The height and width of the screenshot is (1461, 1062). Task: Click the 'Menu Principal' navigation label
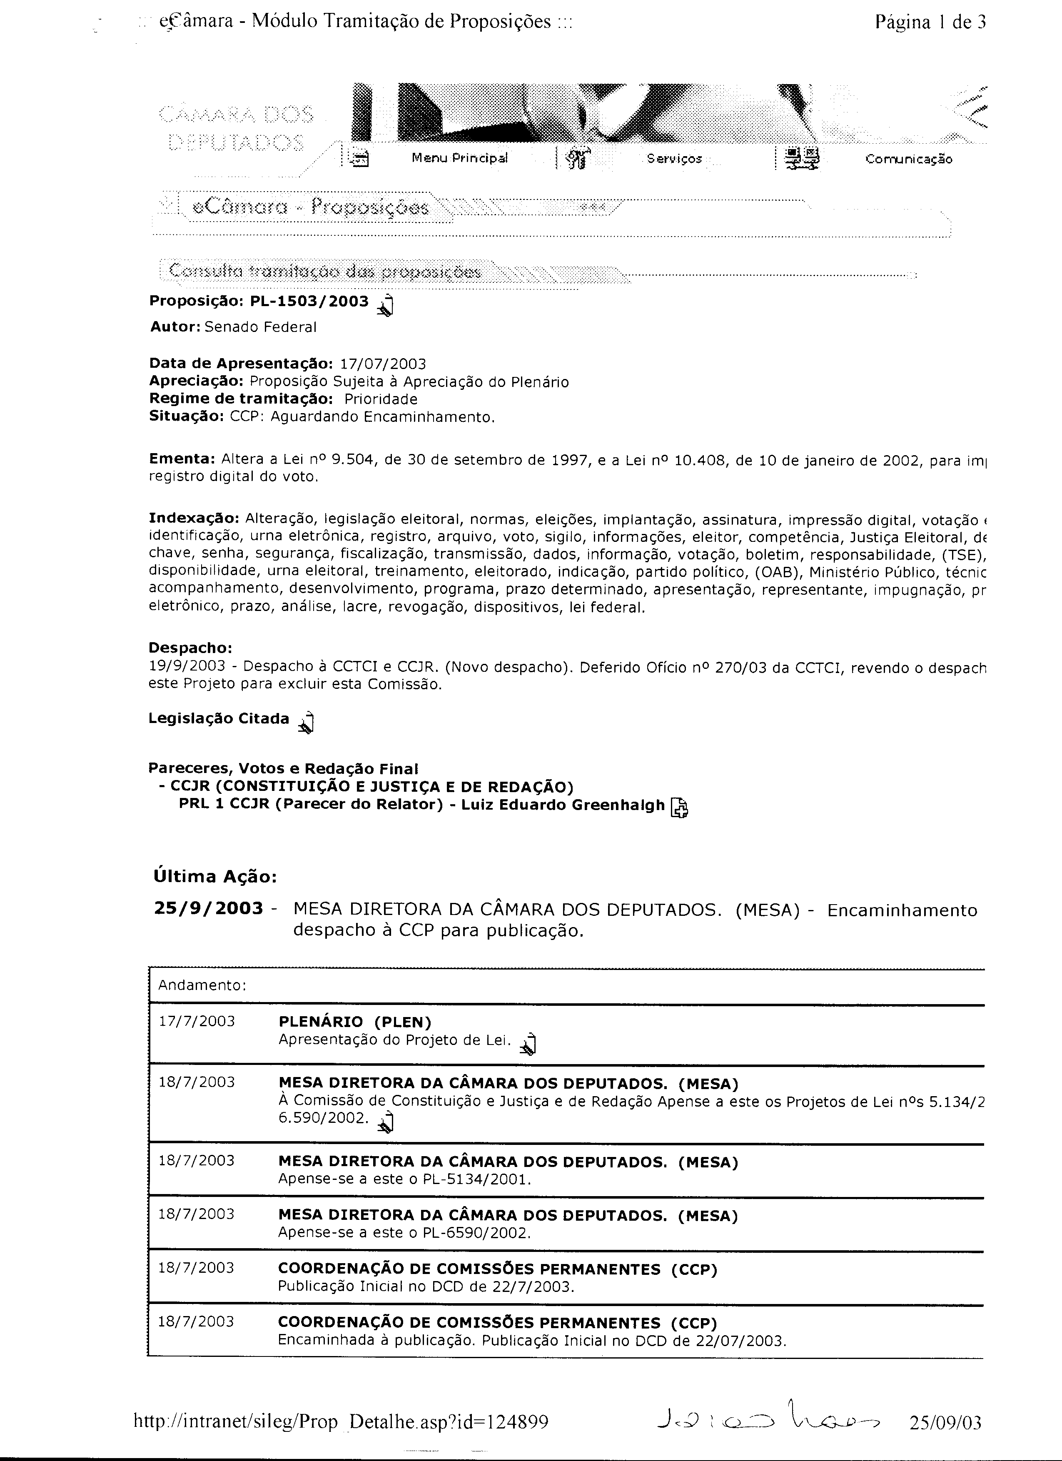tap(459, 158)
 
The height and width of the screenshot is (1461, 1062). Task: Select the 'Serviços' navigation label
tap(674, 158)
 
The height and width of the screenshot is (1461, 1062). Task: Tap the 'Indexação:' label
tap(194, 519)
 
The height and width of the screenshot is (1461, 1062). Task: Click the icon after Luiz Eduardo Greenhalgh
tap(679, 807)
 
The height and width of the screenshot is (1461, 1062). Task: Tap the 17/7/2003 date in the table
tap(197, 1021)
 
